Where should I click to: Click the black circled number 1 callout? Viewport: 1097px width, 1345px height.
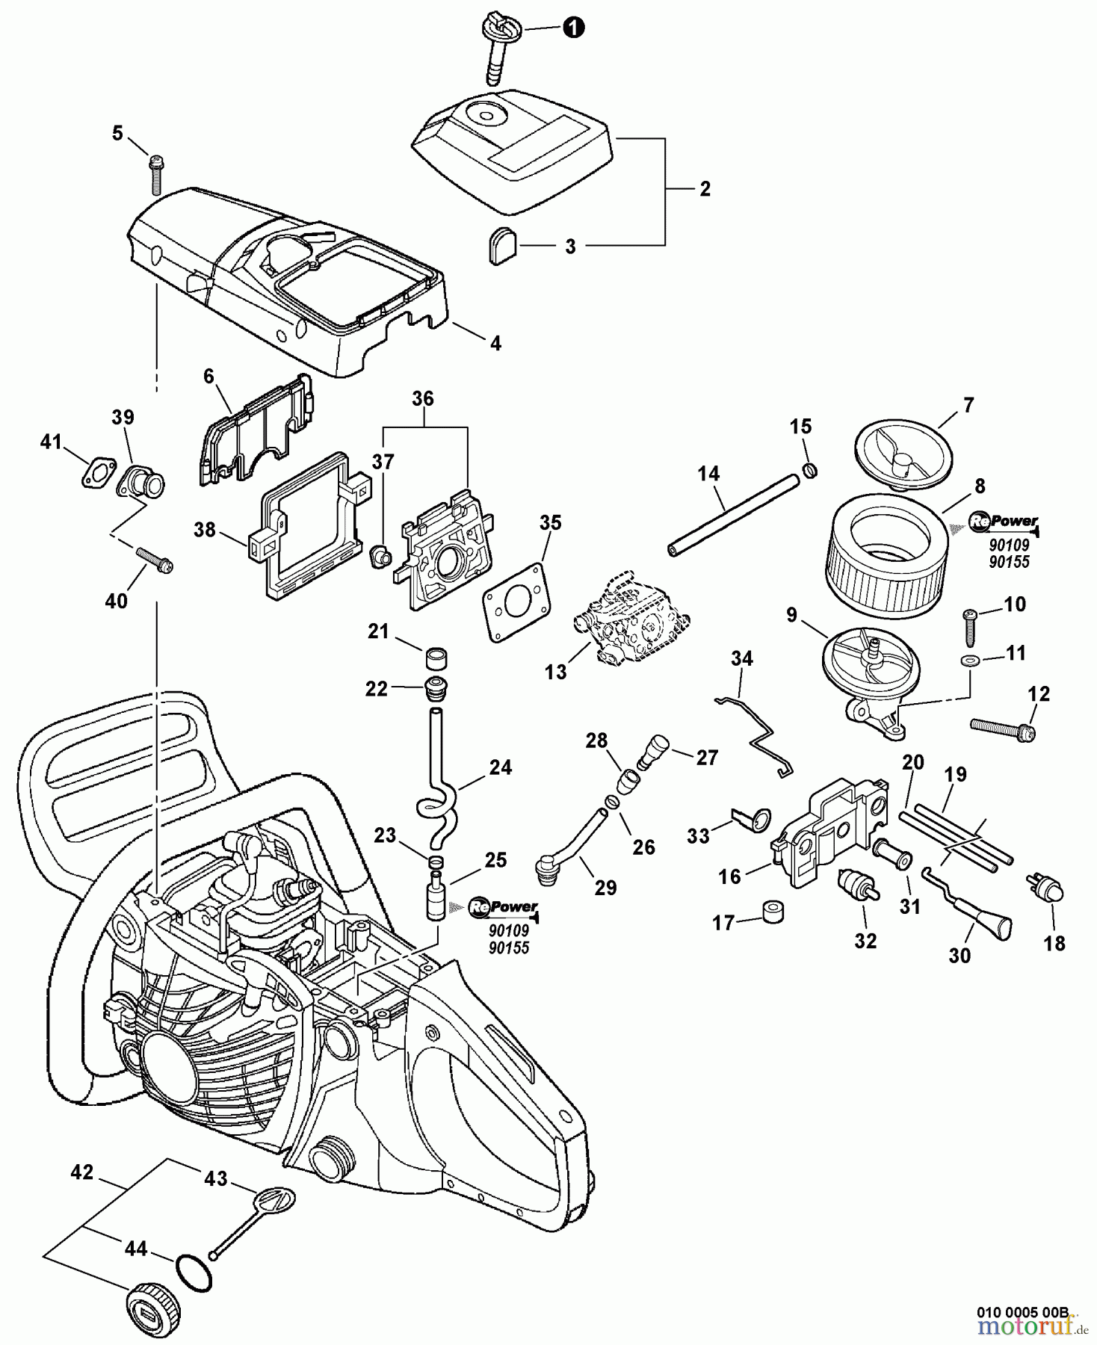tap(572, 28)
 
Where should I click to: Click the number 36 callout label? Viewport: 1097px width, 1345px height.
tap(423, 398)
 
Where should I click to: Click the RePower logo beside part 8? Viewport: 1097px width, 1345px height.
tap(1004, 522)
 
